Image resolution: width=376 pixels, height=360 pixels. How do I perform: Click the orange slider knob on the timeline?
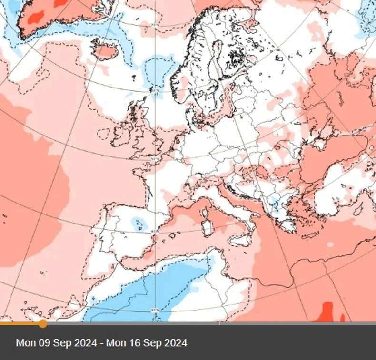(42, 324)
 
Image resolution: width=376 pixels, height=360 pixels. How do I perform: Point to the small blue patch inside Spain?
(138, 222)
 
